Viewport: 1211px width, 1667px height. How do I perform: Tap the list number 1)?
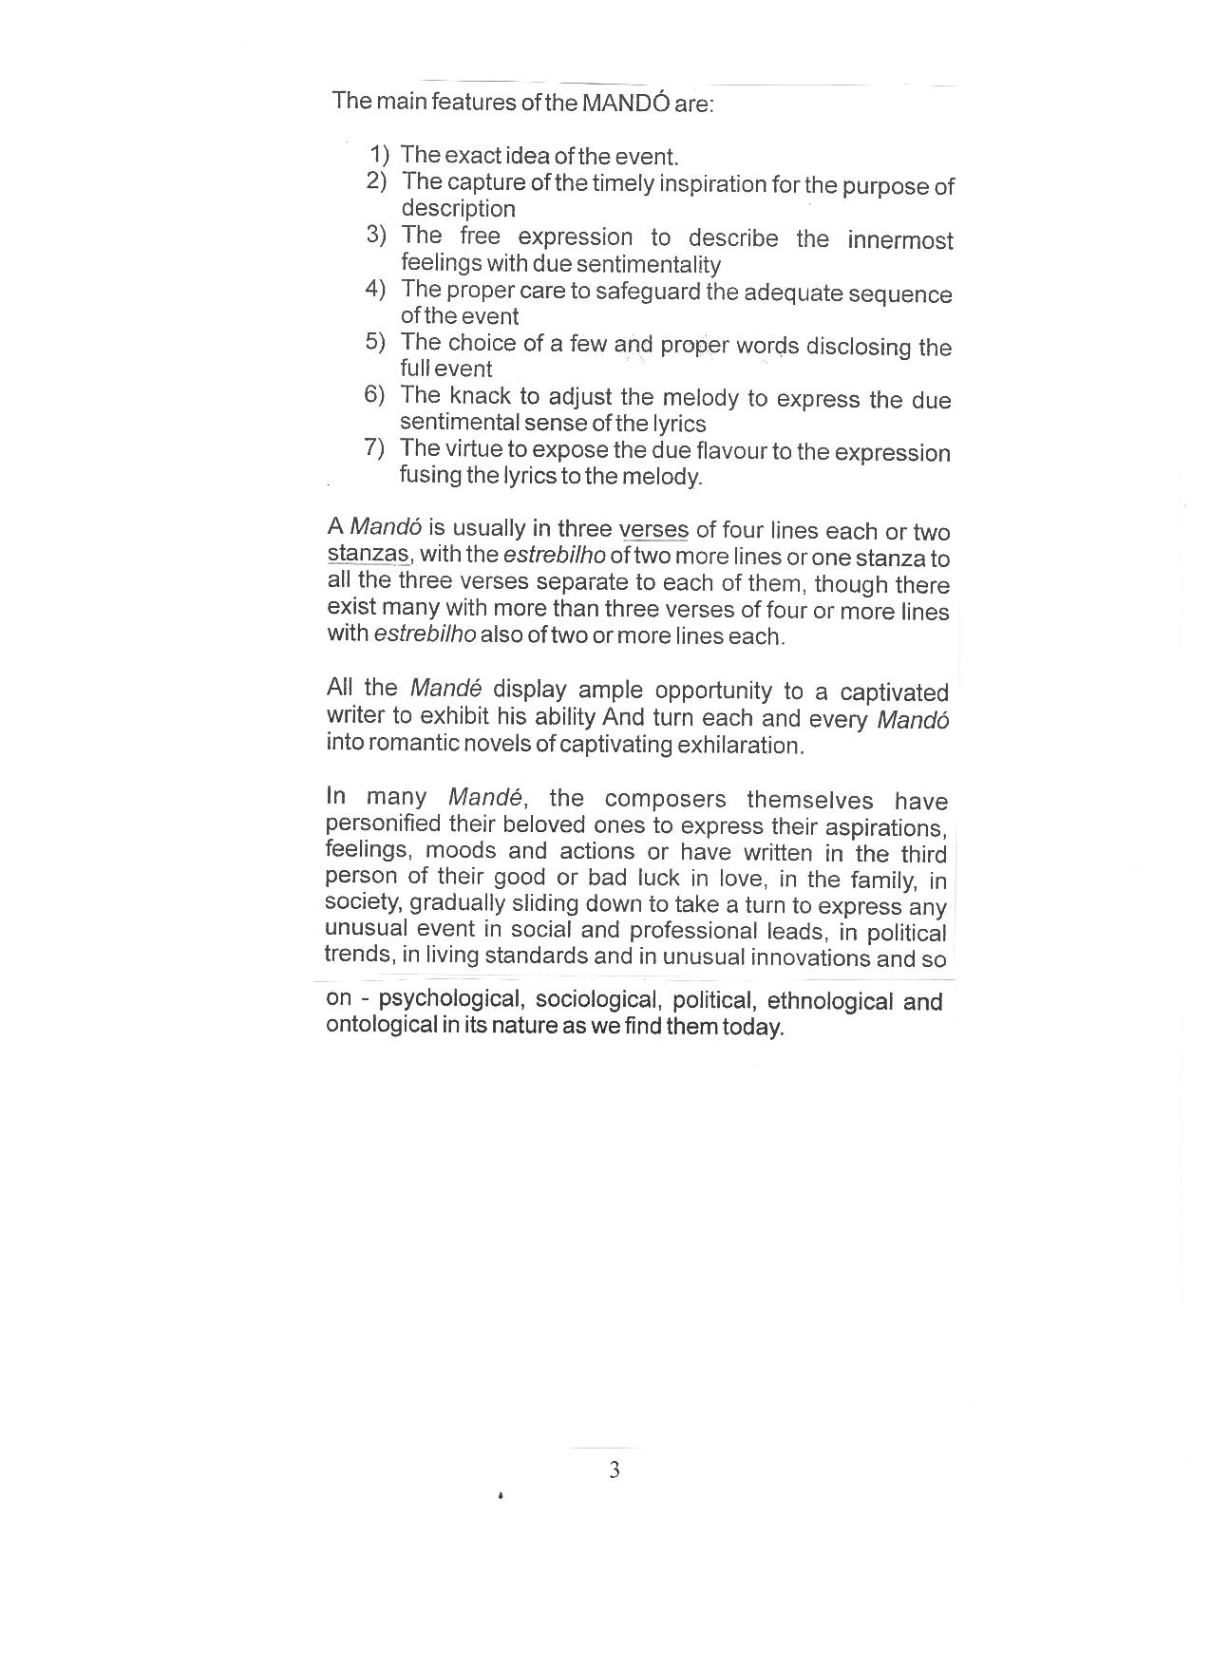[x=380, y=154]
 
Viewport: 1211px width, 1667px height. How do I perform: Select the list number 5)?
[x=375, y=342]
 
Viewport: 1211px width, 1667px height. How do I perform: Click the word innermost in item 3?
[x=899, y=240]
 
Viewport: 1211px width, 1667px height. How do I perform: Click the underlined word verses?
[x=653, y=530]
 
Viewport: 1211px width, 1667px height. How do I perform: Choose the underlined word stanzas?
[x=368, y=554]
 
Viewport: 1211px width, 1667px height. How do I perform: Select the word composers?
[x=665, y=799]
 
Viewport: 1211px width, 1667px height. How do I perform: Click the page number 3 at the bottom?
[x=615, y=1470]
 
